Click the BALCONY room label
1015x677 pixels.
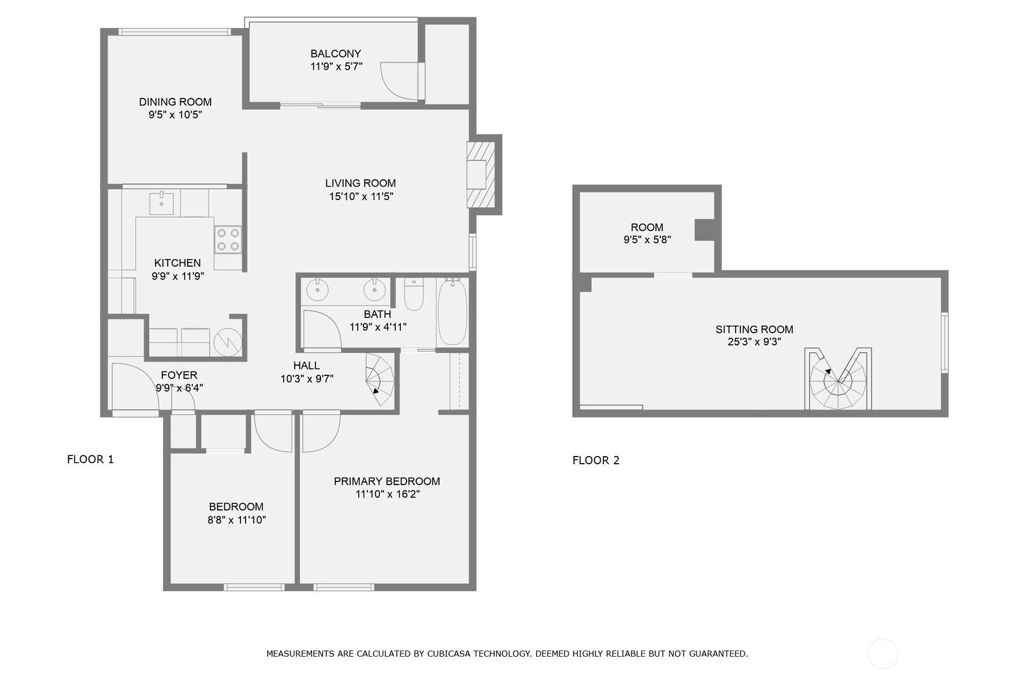(336, 53)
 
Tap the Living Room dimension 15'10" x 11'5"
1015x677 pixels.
(361, 196)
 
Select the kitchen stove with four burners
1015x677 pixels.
(228, 239)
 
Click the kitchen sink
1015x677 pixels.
(161, 203)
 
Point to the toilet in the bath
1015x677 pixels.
(414, 294)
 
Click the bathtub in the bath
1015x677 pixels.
(453, 312)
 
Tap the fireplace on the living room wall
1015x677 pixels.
(481, 175)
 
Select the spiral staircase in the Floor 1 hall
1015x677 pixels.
(380, 380)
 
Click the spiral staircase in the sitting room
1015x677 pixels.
(838, 379)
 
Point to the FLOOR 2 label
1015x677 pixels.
(596, 460)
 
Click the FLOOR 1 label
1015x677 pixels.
(90, 460)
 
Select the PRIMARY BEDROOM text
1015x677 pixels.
(387, 481)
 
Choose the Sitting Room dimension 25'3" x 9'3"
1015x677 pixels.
(754, 342)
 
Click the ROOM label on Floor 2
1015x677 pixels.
(647, 227)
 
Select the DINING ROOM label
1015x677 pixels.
(175, 102)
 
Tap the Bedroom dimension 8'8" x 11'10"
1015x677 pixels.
(237, 520)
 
